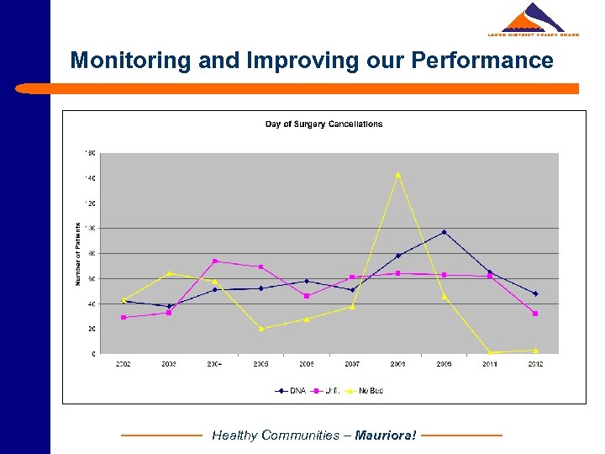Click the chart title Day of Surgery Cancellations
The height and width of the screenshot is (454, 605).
[x=324, y=124]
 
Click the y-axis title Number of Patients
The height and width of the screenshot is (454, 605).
[x=78, y=253]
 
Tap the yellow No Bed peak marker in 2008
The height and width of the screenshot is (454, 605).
[x=398, y=175]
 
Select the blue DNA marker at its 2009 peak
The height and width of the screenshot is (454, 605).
[x=445, y=232]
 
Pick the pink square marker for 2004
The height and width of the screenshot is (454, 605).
[x=215, y=261]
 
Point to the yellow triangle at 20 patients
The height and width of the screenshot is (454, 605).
[x=261, y=329]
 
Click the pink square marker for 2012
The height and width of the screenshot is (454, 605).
[x=535, y=314]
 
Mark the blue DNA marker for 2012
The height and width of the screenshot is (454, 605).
[x=535, y=293]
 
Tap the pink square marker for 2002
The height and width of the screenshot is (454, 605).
[x=124, y=317]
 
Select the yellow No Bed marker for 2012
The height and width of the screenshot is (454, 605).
[x=535, y=351]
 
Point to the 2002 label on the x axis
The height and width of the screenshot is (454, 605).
[x=124, y=364]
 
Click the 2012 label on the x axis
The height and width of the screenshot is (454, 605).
[x=535, y=364]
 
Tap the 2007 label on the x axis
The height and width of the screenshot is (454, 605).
[x=352, y=364]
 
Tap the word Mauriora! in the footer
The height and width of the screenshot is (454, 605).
[x=386, y=436]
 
